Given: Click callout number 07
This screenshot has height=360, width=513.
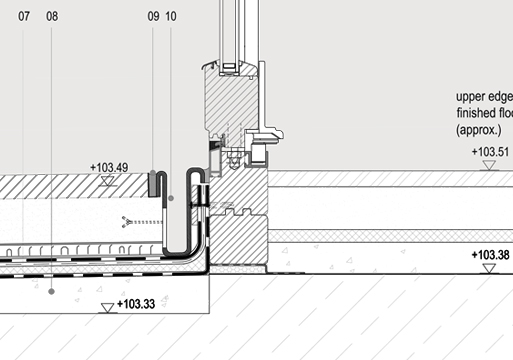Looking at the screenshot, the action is click(24, 16).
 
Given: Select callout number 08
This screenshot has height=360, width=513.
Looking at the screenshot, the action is click(52, 16).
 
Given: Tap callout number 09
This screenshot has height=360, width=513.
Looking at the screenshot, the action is click(153, 16).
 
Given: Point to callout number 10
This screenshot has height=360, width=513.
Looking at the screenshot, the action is click(171, 16).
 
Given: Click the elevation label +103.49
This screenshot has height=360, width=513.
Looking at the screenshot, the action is click(109, 168).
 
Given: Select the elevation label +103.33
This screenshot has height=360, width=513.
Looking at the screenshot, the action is click(136, 304).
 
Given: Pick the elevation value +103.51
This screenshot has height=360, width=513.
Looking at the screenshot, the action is click(490, 152).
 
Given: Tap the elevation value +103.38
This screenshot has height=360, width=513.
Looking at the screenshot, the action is click(490, 255).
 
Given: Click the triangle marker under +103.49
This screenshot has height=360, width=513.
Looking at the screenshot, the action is click(107, 181).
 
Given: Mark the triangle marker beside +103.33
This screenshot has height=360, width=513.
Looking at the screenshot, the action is click(107, 308).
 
